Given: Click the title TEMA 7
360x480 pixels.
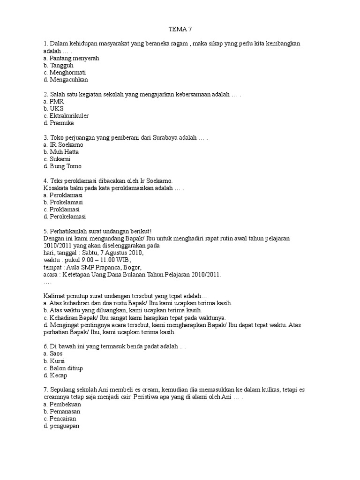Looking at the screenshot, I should (x=180, y=29).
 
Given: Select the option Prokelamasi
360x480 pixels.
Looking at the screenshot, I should (x=66, y=202).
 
